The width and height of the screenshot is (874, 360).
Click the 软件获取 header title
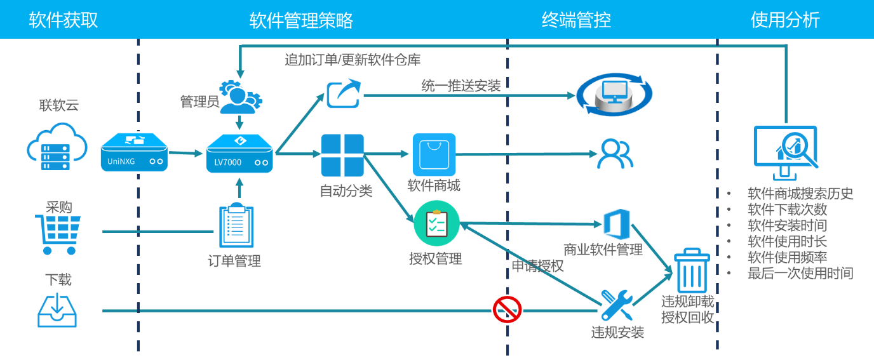[x=64, y=20]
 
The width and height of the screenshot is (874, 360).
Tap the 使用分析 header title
[x=785, y=20]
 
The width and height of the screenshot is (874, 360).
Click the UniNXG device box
[x=135, y=152]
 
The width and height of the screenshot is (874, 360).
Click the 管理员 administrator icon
[x=240, y=95]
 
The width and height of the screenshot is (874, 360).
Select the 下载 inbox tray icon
[x=57, y=308]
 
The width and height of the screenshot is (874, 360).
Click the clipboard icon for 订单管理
[x=236, y=226]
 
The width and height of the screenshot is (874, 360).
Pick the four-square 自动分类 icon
[x=342, y=155]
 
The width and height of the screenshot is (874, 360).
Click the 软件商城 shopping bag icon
[x=434, y=155]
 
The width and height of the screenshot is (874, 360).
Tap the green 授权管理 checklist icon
[x=436, y=223]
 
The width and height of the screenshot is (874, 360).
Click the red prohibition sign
[x=507, y=309]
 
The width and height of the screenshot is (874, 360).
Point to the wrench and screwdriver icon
[x=616, y=305]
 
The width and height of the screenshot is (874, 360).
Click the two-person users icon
[x=615, y=154]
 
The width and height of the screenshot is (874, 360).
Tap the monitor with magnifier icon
[x=785, y=151]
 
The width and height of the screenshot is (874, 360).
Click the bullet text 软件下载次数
[x=787, y=210]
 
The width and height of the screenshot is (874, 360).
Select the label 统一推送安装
[x=461, y=85]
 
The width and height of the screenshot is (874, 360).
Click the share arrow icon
[x=344, y=93]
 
